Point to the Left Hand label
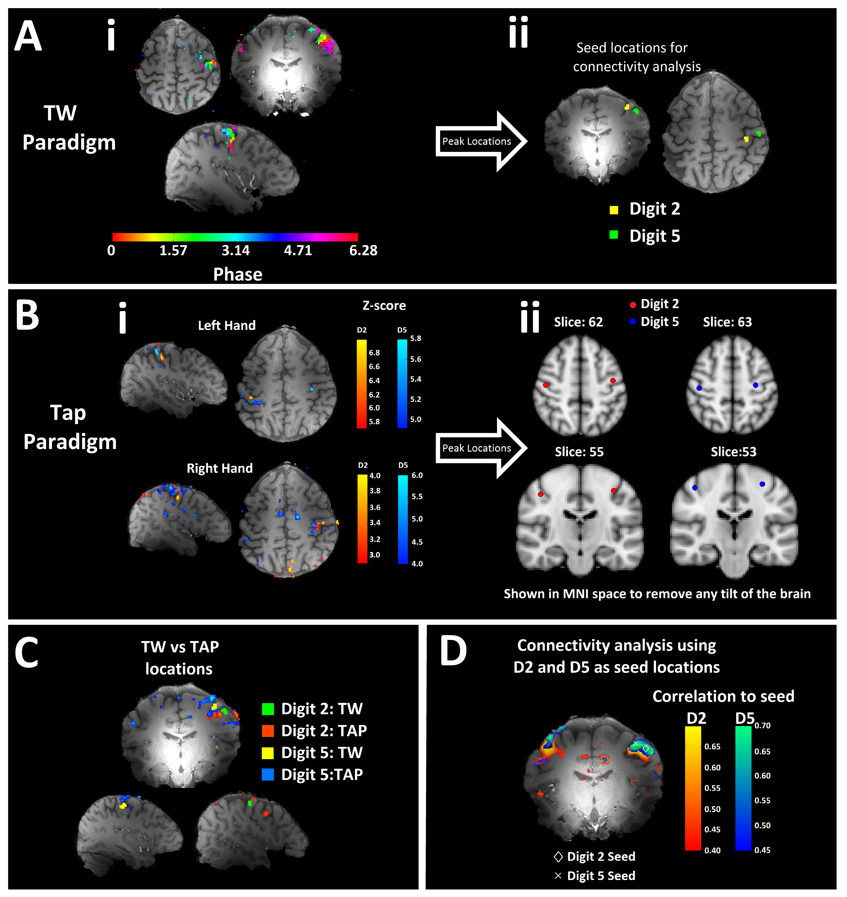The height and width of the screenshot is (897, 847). click(227, 325)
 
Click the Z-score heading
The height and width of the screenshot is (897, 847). click(384, 306)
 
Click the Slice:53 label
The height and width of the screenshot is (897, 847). click(733, 452)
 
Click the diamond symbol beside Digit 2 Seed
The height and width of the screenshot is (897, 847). click(558, 856)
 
